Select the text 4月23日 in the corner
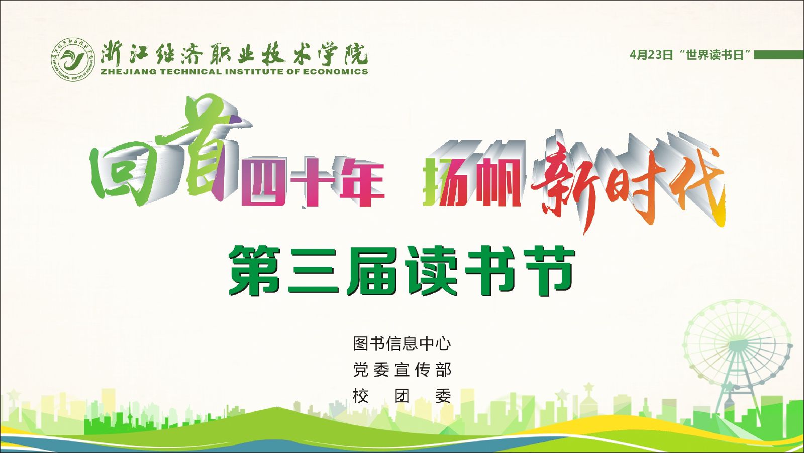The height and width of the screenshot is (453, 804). (x=651, y=55)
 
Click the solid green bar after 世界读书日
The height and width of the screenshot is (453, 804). (x=779, y=55)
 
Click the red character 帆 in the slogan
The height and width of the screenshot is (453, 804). (x=500, y=183)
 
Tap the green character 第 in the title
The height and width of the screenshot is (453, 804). (x=255, y=270)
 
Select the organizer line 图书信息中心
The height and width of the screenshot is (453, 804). (x=402, y=343)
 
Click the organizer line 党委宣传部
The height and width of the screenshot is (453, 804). (x=402, y=370)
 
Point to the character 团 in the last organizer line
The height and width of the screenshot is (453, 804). (x=402, y=396)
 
